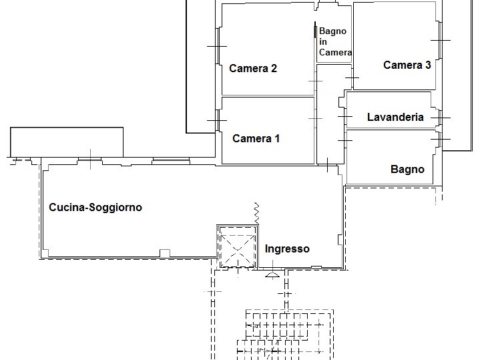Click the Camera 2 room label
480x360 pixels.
click(253, 68)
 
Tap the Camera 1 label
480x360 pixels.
click(256, 138)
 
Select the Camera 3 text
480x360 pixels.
click(407, 65)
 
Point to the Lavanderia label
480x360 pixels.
click(395, 117)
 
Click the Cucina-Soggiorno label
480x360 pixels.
click(95, 208)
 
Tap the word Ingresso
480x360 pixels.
click(287, 248)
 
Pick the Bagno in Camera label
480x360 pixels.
click(335, 41)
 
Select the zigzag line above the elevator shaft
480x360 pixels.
click(256, 213)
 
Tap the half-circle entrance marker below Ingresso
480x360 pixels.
click(272, 275)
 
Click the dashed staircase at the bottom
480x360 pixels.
click(285, 335)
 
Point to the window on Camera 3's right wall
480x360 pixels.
click(441, 40)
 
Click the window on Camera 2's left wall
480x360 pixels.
click(218, 46)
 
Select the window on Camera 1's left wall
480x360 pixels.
click(218, 120)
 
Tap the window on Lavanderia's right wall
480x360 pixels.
click(441, 118)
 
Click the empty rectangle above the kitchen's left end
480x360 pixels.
click(67, 142)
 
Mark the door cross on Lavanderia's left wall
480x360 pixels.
click(345, 116)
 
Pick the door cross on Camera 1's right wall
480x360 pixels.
click(315, 119)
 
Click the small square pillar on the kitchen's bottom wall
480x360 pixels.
click(165, 253)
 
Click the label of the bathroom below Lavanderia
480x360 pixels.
click(407, 170)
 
